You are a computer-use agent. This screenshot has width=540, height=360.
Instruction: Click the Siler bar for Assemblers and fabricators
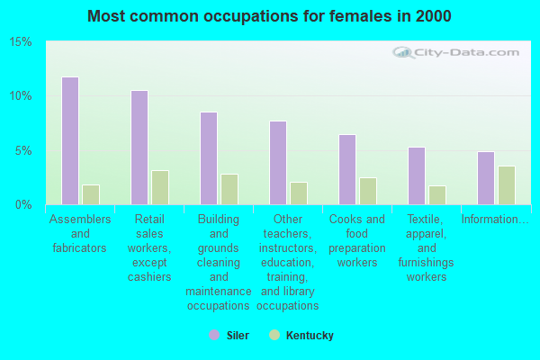[x=69, y=141]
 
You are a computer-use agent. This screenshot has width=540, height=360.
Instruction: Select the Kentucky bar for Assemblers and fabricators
[x=91, y=194]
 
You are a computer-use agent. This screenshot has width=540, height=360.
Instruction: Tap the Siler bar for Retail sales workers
[x=139, y=148]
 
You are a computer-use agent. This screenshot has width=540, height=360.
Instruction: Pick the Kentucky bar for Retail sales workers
[x=160, y=187]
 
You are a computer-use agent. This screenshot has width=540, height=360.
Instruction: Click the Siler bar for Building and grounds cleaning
[x=208, y=158]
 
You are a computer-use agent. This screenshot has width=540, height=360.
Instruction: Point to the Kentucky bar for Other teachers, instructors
[x=299, y=193]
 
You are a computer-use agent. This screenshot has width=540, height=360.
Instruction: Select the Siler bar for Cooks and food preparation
[x=346, y=169]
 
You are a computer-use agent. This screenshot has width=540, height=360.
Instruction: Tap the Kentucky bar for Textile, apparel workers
[x=437, y=195]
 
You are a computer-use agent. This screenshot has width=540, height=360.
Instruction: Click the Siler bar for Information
[x=485, y=178]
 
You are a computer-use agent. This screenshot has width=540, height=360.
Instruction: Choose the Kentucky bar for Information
[x=507, y=185]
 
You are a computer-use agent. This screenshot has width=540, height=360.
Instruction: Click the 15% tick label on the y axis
[x=21, y=42]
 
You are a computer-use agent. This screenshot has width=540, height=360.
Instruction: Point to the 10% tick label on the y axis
[x=21, y=96]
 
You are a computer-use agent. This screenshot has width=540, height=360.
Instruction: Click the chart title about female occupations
[x=270, y=16]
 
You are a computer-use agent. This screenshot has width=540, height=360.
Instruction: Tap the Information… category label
[x=495, y=220]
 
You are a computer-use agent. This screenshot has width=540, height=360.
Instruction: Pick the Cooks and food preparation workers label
[x=356, y=240]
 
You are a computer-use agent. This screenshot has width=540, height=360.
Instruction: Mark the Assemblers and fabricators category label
[x=80, y=233]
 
